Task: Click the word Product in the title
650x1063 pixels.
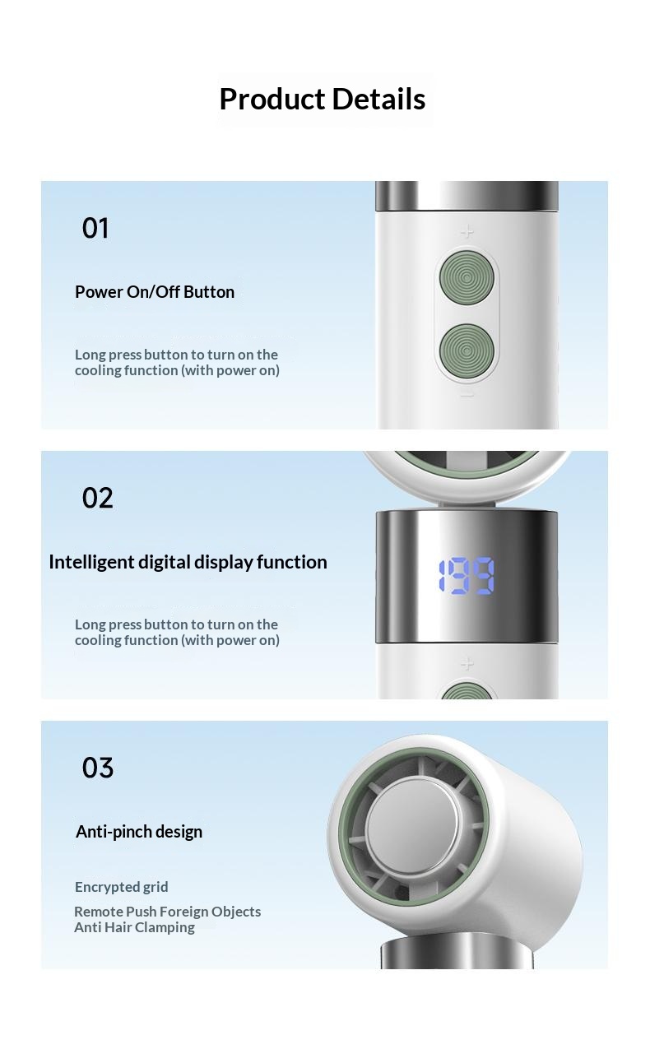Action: [x=272, y=100]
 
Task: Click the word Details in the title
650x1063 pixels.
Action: [x=378, y=100]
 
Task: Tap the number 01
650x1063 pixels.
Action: [x=95, y=228]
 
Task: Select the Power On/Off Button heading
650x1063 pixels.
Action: [x=155, y=292]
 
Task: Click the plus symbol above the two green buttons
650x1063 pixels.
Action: [x=467, y=231]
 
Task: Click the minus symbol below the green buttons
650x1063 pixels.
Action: [x=467, y=395]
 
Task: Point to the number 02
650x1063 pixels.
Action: [x=97, y=498]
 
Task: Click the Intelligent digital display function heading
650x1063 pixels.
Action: [x=188, y=562]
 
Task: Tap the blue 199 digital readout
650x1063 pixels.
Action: [x=466, y=576]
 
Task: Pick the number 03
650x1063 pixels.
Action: [x=98, y=768]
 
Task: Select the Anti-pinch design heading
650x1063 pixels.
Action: [x=139, y=832]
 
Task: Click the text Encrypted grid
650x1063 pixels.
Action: [x=122, y=887]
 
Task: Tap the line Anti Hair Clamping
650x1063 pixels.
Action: [x=134, y=926]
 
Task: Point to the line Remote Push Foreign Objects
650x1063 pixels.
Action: [x=168, y=911]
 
